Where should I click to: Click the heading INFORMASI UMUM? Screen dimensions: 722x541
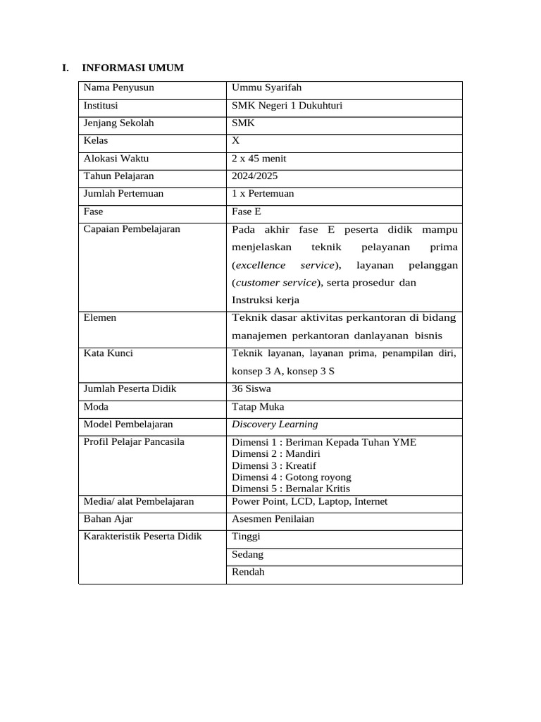(x=132, y=68)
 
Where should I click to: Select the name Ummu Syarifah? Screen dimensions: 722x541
(x=266, y=88)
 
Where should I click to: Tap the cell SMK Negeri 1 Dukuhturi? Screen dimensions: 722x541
(x=287, y=106)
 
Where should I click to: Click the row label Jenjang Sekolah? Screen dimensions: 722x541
(x=118, y=123)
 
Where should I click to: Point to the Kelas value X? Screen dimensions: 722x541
(x=236, y=141)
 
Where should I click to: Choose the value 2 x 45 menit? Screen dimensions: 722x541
(x=259, y=159)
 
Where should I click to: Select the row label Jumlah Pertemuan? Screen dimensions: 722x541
(x=123, y=194)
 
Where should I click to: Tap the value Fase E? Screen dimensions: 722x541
(x=247, y=212)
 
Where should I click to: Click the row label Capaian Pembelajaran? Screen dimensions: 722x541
(x=132, y=229)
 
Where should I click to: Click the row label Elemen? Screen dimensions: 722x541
(x=100, y=318)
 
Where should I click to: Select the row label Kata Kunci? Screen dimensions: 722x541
(x=108, y=353)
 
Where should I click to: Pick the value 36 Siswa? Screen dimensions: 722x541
(x=251, y=389)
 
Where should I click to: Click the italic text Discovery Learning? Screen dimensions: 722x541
(x=275, y=424)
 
